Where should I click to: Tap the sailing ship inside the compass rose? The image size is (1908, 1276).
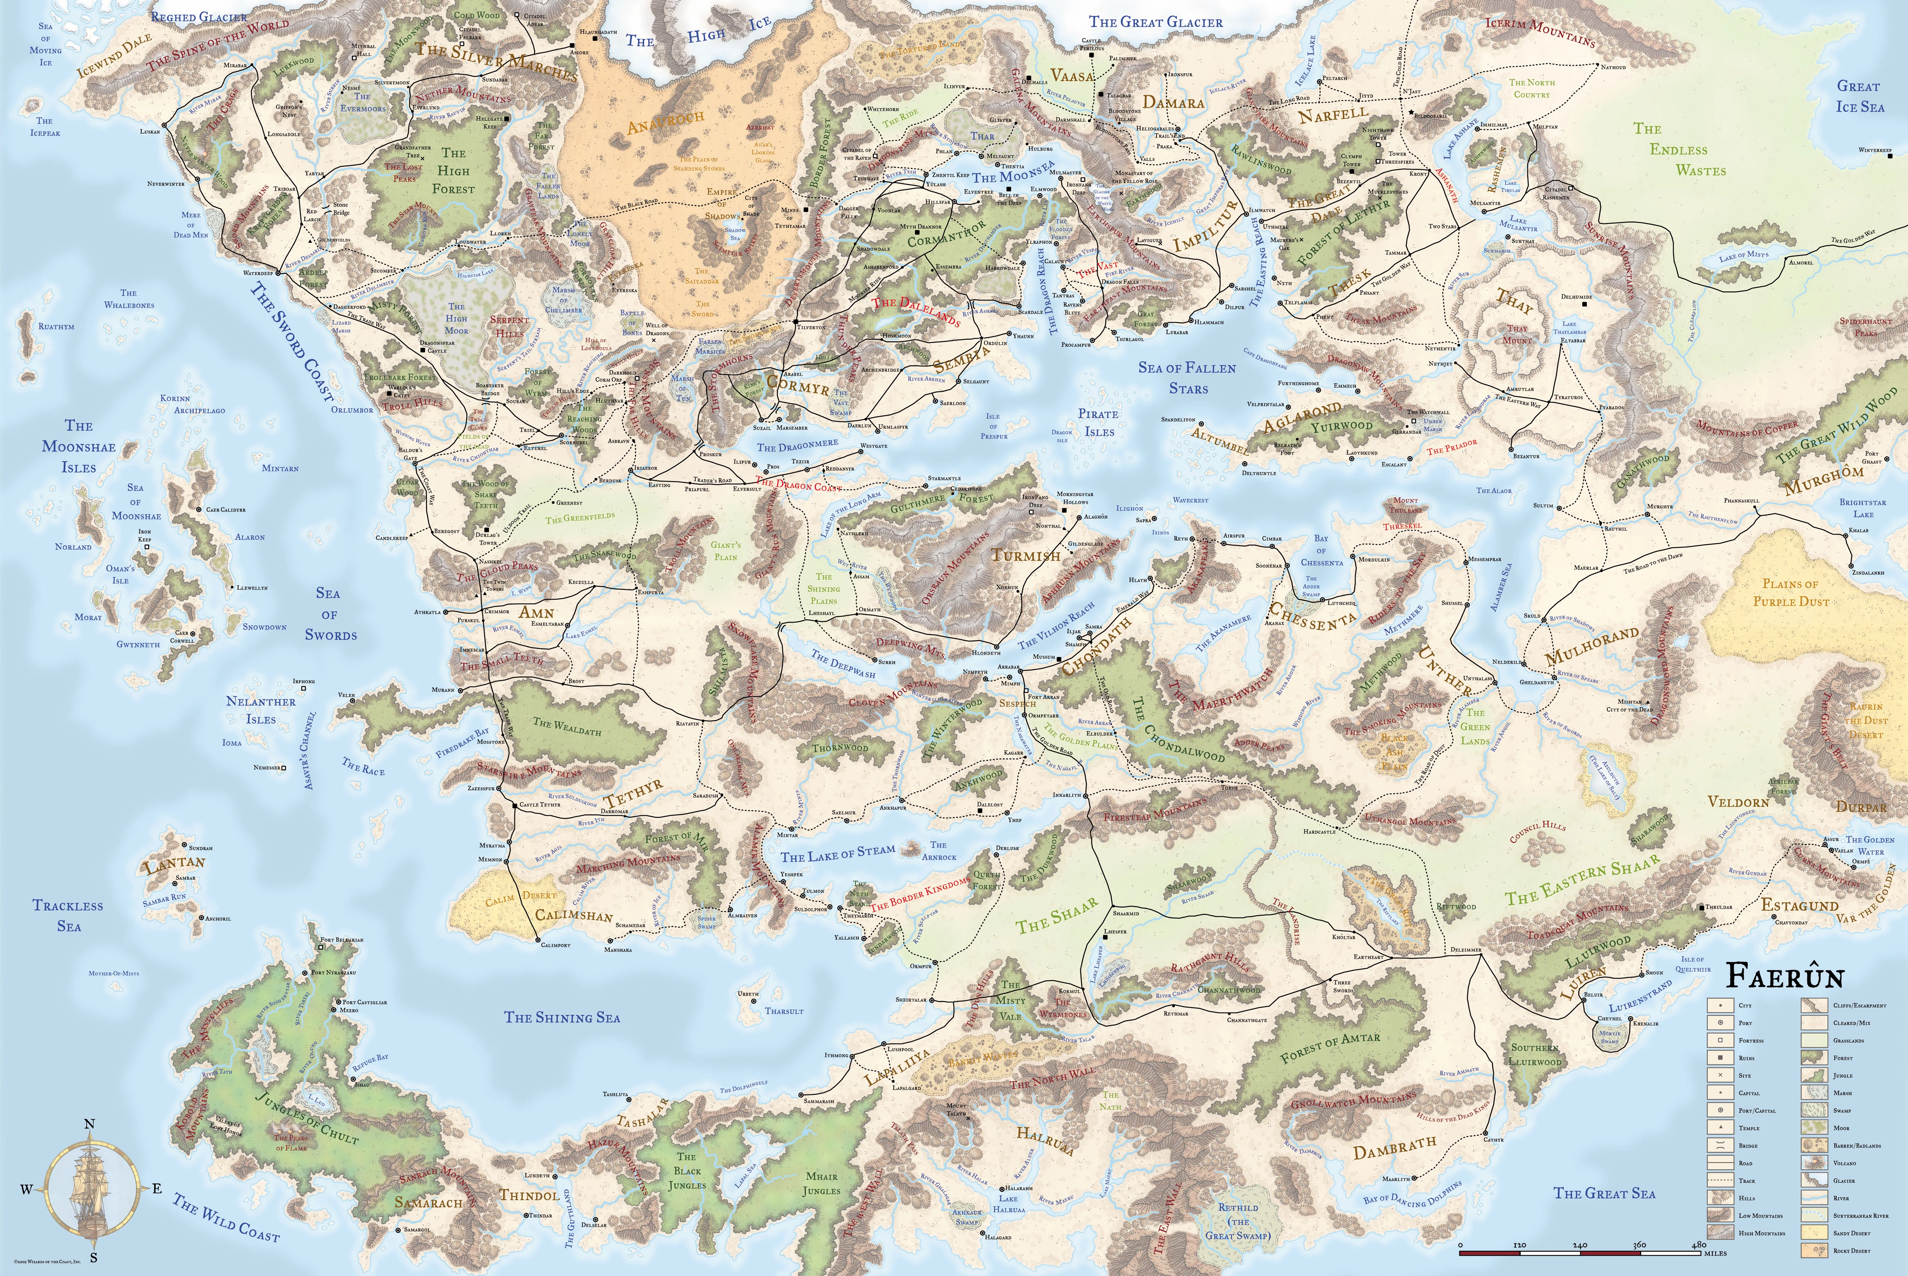pyautogui.click(x=89, y=1190)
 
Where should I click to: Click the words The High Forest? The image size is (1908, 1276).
pyautogui.click(x=453, y=171)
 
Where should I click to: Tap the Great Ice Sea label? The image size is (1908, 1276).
pyautogui.click(x=1859, y=96)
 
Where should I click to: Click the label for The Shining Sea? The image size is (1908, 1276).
pyautogui.click(x=561, y=1017)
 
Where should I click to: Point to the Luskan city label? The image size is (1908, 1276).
pyautogui.click(x=150, y=131)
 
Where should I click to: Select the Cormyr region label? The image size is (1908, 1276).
pyautogui.click(x=798, y=386)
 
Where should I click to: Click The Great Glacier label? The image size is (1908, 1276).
pyautogui.click(x=1155, y=22)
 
